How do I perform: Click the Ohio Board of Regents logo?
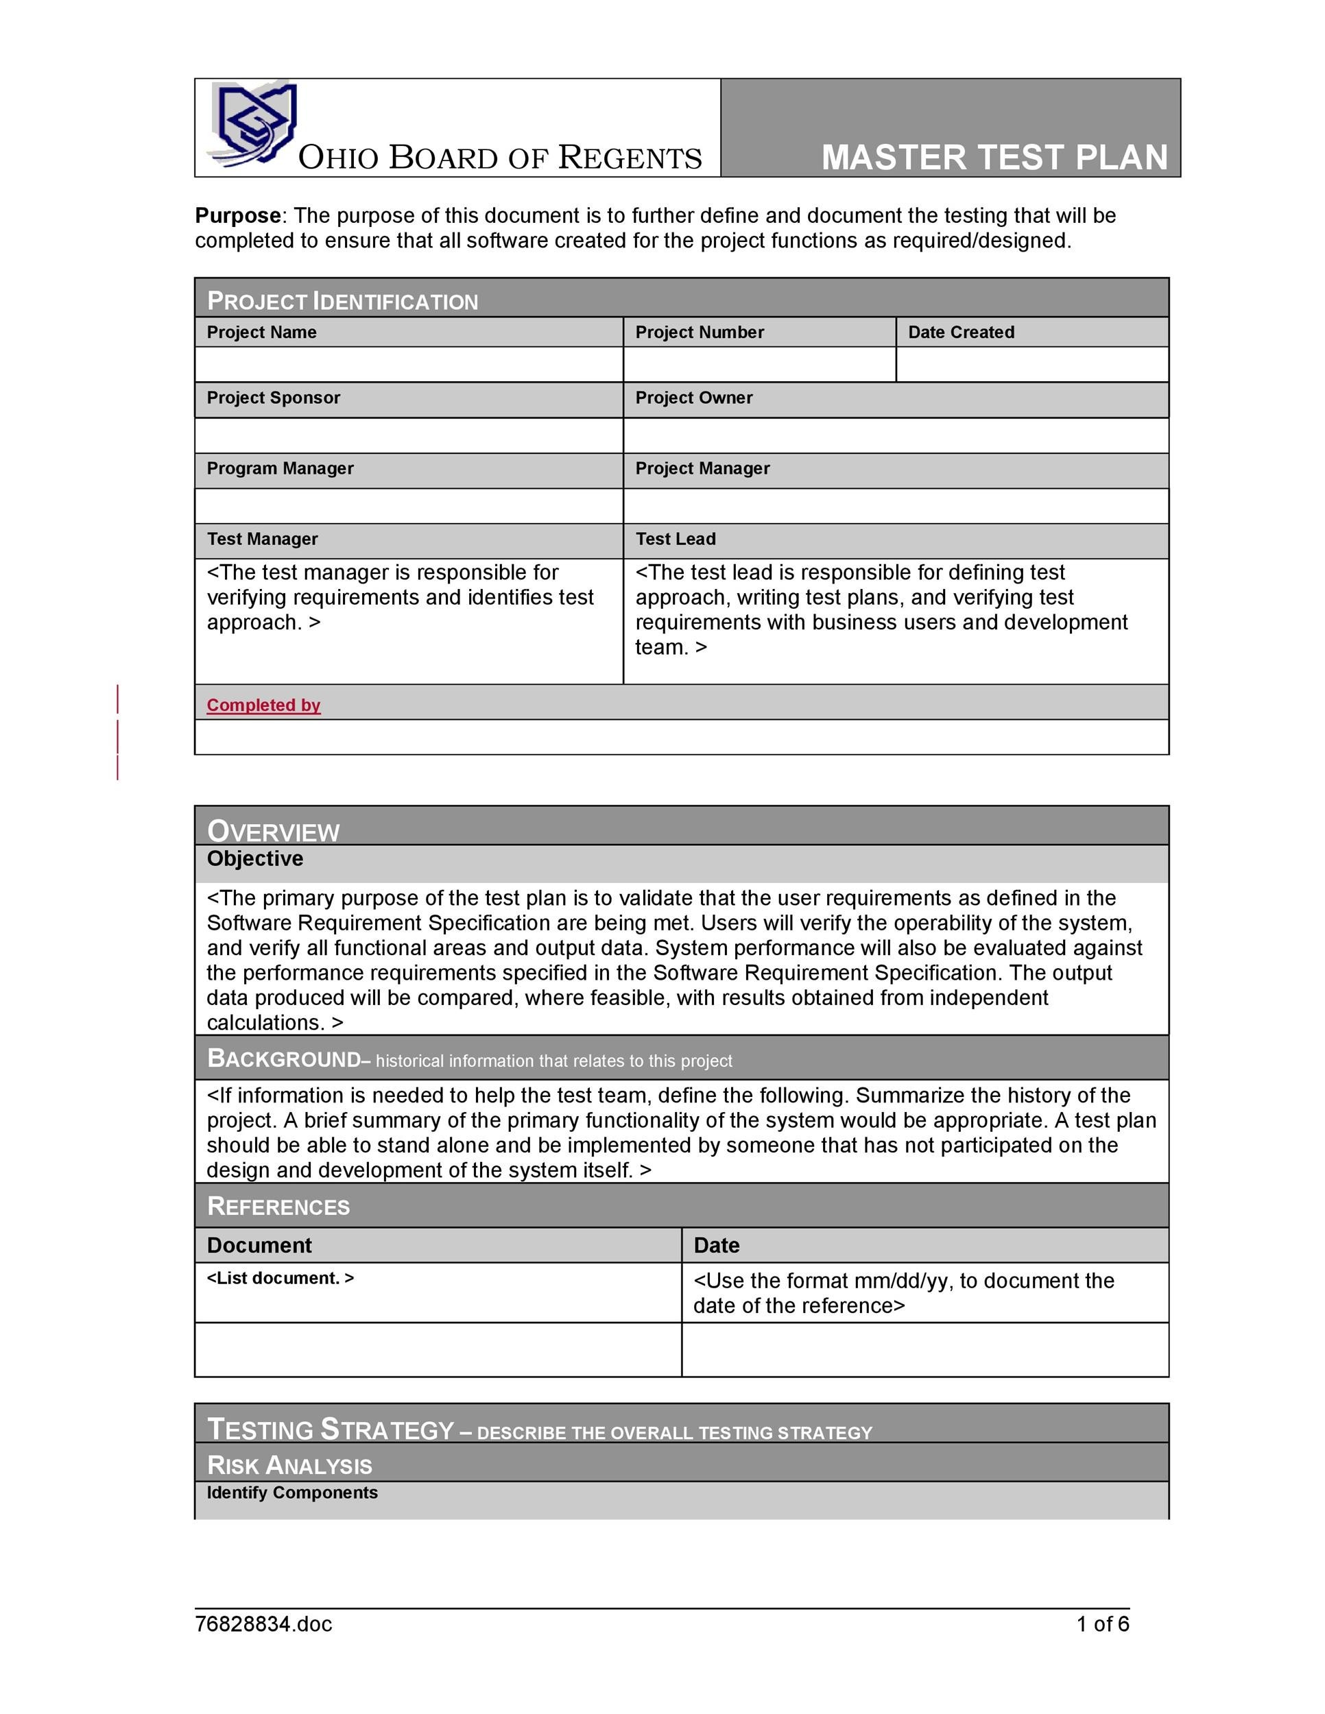point(254,125)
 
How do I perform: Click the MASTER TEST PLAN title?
point(994,158)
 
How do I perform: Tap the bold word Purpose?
point(238,216)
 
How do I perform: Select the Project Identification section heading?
point(342,302)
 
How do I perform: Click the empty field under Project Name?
point(408,365)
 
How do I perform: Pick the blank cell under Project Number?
point(759,365)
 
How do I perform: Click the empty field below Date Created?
point(1031,365)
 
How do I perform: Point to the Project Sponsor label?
point(273,398)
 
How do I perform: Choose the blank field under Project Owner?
point(895,435)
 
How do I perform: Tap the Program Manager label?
point(280,468)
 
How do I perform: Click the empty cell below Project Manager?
point(895,506)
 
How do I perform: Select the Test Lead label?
point(675,539)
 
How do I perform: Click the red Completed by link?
point(264,705)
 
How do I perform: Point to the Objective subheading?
point(255,858)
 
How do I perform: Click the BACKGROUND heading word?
point(283,1059)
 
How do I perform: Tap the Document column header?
point(259,1246)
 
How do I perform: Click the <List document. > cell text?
point(280,1279)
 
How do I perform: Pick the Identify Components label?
point(292,1493)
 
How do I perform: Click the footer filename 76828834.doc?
point(264,1624)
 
